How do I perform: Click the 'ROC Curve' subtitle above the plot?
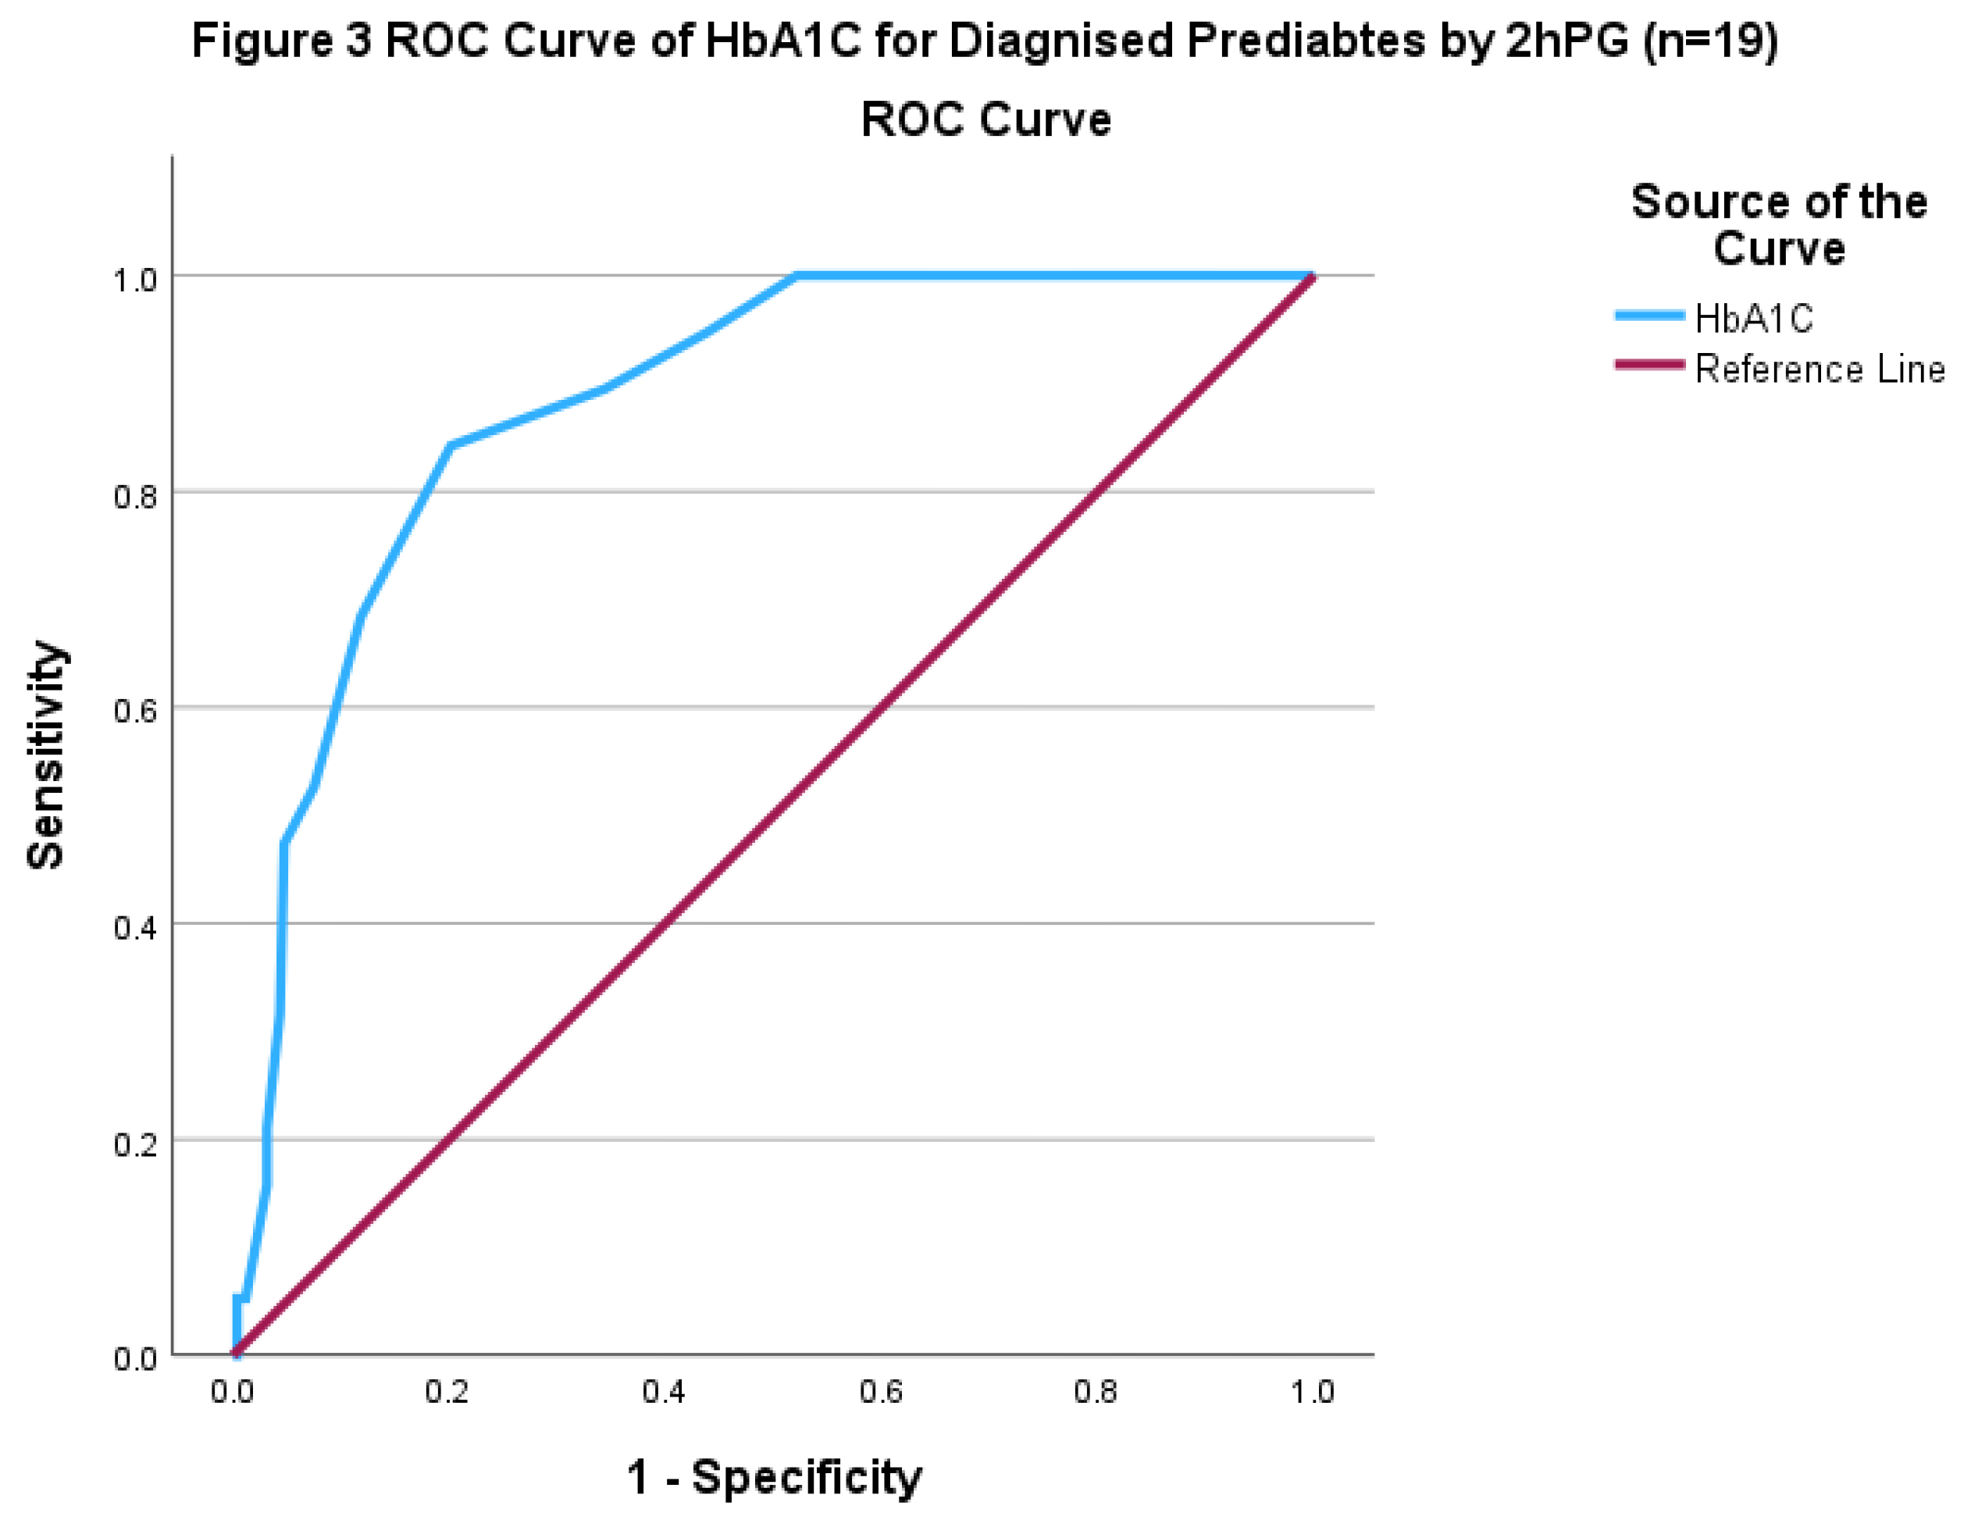pos(985,120)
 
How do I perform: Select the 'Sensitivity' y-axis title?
pos(46,755)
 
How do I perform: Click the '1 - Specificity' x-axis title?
pos(775,1477)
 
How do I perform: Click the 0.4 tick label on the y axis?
pos(135,928)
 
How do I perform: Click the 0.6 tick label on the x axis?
pos(880,1393)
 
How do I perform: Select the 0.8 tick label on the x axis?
pos(1096,1393)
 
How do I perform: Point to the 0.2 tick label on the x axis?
pos(447,1393)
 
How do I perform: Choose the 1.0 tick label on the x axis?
pos(1311,1393)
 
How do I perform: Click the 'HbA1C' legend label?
pos(1753,319)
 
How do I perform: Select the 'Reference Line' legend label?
pos(1820,369)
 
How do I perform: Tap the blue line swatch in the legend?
pos(1648,315)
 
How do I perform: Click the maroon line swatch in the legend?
pos(1648,365)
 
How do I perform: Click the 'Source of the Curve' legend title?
pos(1779,225)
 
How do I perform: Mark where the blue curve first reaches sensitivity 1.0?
pos(797,275)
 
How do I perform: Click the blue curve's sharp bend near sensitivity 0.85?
pos(451,445)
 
